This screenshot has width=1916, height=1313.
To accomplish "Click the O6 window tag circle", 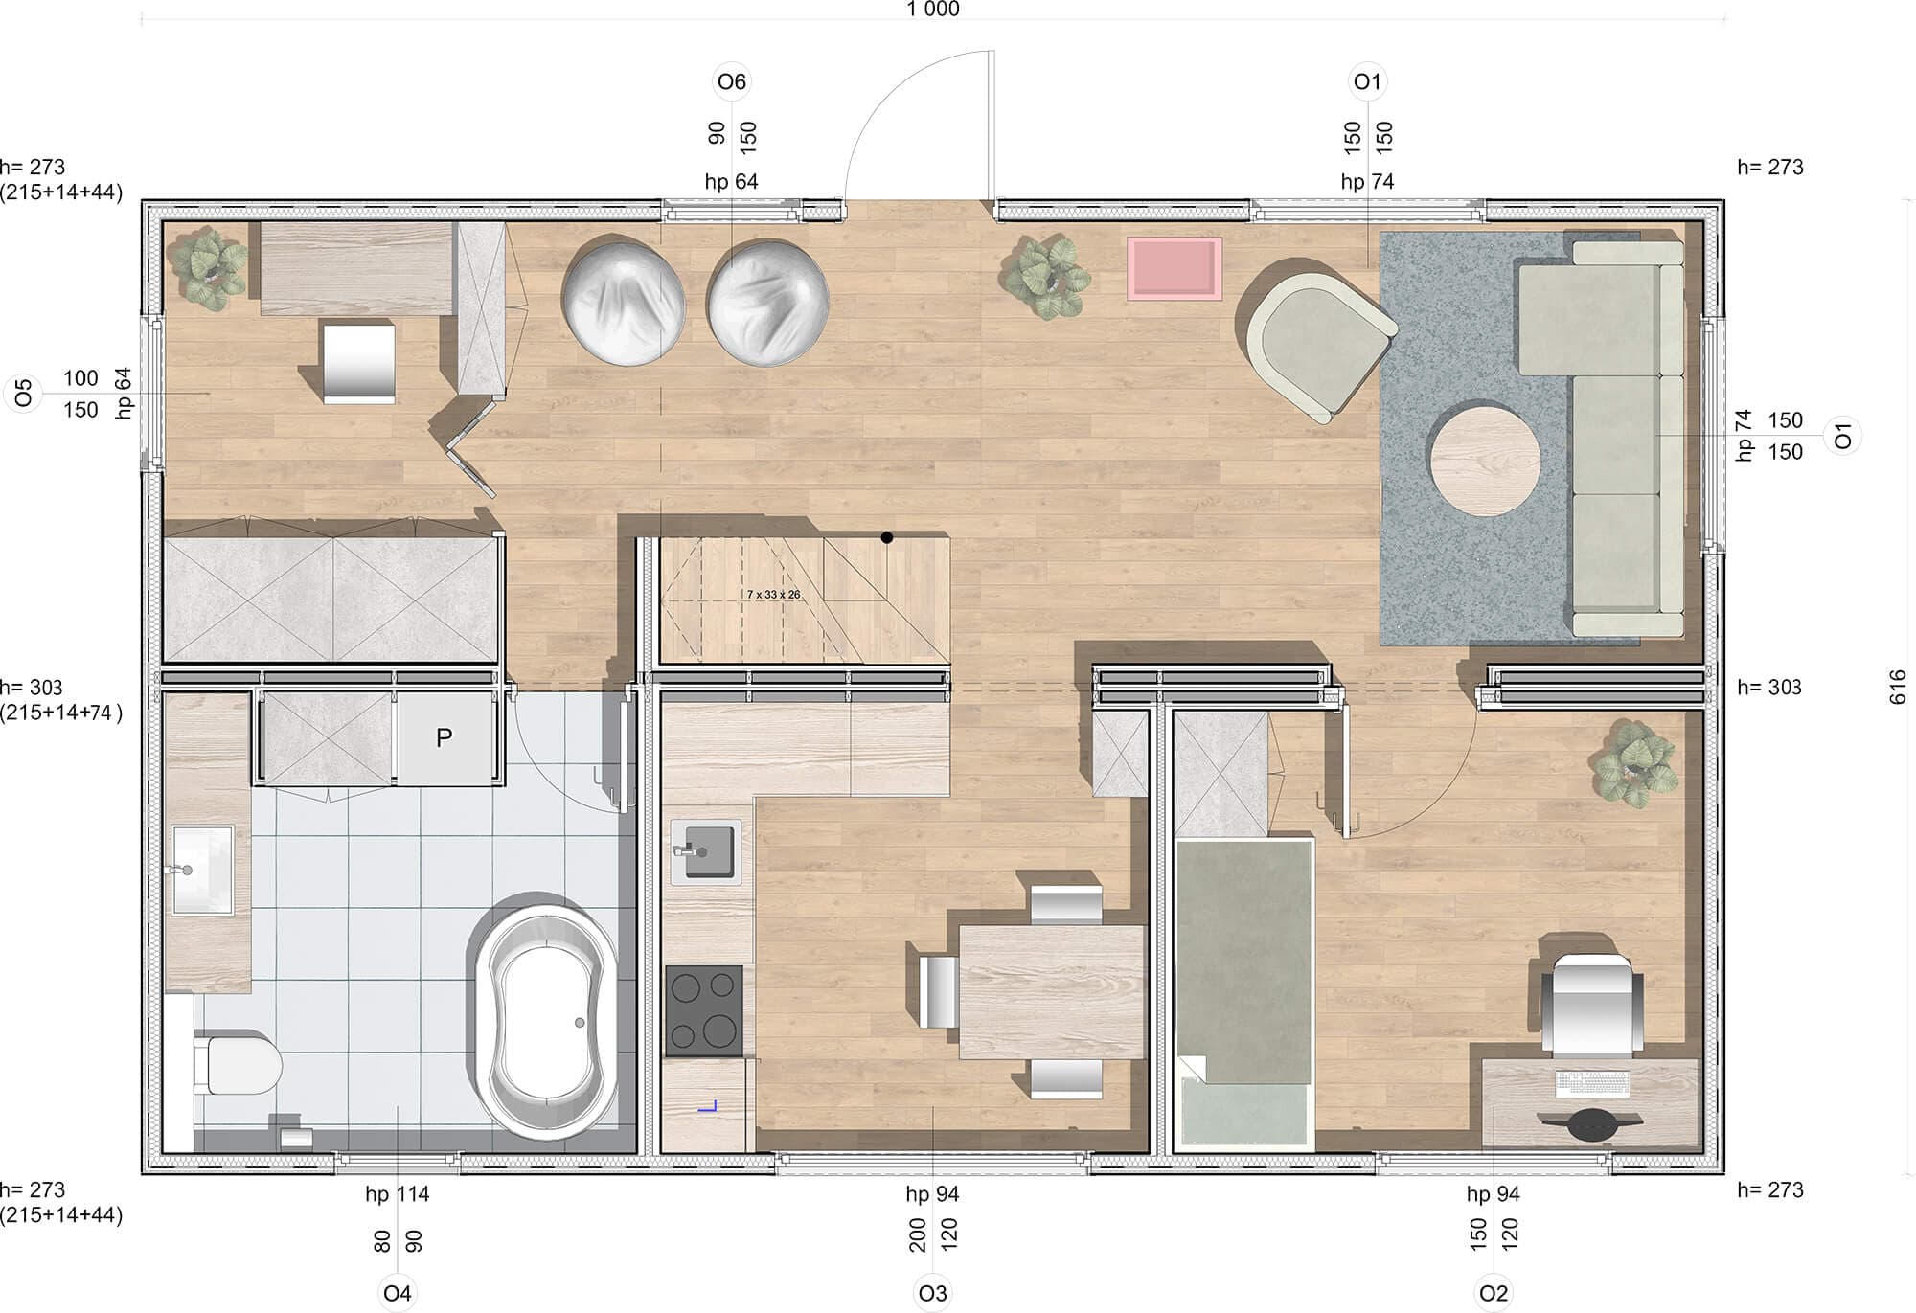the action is coord(732,82).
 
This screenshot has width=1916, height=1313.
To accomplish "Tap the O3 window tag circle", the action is coord(932,1294).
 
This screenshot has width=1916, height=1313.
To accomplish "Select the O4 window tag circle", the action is coord(397,1294).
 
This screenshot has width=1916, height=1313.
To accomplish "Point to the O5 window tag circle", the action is coord(23,393).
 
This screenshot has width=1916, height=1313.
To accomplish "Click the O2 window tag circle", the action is coord(1494,1294).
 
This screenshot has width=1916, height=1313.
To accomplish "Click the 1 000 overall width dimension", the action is coord(933,10).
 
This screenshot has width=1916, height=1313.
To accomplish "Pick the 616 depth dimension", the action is coord(1898,687).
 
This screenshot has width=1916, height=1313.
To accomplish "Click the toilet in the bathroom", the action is coord(238,1062).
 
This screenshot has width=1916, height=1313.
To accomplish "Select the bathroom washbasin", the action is coord(202,870).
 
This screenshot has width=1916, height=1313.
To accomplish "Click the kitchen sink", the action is coord(706,851).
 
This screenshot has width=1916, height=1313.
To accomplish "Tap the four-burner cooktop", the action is coord(704,1010).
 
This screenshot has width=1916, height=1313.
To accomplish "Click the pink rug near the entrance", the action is coord(1175,268).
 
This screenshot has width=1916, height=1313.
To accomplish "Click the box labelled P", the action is coord(444,738).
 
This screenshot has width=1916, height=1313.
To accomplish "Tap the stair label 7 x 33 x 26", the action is coord(774,595).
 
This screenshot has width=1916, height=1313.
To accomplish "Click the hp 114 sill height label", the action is coord(397,1194).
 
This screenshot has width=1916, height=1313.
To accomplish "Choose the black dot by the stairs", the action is coord(887,538).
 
